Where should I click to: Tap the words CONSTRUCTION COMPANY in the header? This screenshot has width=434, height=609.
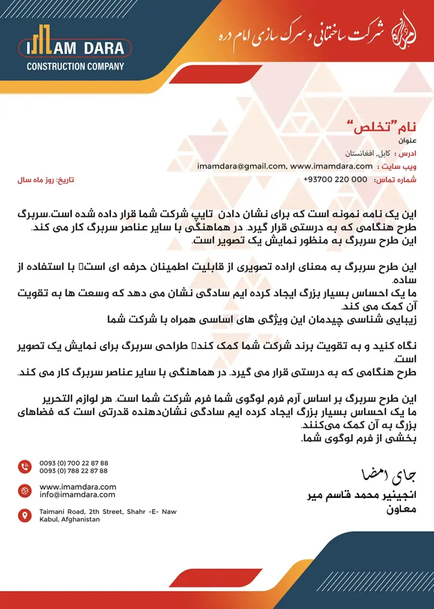click(75, 66)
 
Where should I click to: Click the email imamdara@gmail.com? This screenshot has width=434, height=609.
click(241, 166)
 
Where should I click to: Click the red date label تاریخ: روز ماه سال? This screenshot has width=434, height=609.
click(46, 180)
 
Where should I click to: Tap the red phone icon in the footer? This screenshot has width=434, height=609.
click(24, 466)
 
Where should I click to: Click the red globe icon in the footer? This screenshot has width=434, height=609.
click(24, 491)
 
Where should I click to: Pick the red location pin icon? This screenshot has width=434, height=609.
click(24, 516)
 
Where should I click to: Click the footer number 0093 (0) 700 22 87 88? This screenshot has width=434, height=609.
click(74, 463)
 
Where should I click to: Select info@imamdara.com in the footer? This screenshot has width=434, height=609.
click(77, 495)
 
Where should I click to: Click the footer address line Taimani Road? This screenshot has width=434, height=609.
click(108, 512)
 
